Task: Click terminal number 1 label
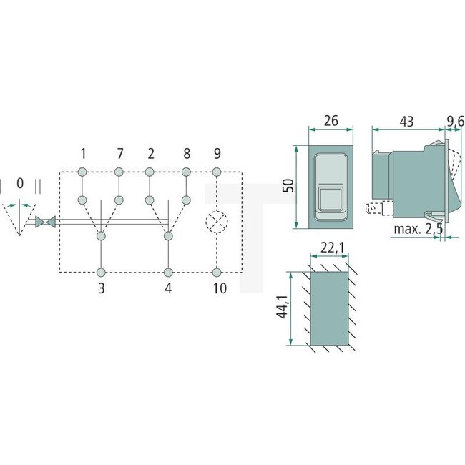(x=83, y=154)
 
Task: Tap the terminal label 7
(x=119, y=154)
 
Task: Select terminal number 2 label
(x=150, y=154)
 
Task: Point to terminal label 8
(x=186, y=154)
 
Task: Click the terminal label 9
(x=217, y=154)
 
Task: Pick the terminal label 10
(x=220, y=289)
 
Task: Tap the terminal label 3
(x=101, y=289)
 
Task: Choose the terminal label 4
(x=168, y=289)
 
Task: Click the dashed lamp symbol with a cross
(x=217, y=222)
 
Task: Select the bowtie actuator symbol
(x=44, y=223)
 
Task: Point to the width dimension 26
(x=330, y=122)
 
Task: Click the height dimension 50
(x=285, y=187)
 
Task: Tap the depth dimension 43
(x=406, y=122)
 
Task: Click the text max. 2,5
(x=416, y=230)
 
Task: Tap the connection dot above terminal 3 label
(x=101, y=272)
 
